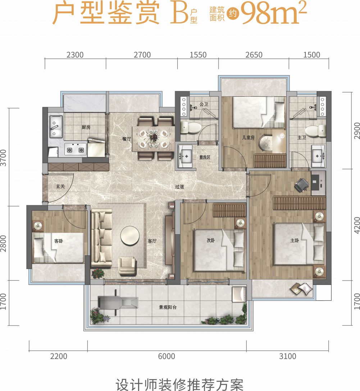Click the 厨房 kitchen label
[x=86, y=127]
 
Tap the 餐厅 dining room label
[x=127, y=139]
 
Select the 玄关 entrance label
[x=60, y=186]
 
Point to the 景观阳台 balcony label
[x=168, y=307]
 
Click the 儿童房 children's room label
[x=248, y=137]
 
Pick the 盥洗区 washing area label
[x=205, y=157]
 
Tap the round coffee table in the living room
[x=130, y=235]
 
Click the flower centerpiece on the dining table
[x=153, y=136]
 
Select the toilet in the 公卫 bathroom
[x=191, y=128]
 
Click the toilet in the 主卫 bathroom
[x=315, y=131]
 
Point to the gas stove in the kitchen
[x=75, y=149]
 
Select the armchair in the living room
[x=127, y=266]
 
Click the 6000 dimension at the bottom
[x=167, y=356]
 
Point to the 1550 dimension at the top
[x=198, y=55]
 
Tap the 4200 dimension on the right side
[x=357, y=225]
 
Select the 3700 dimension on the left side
[x=3, y=158]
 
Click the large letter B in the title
[x=179, y=14]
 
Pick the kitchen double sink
[x=56, y=127]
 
